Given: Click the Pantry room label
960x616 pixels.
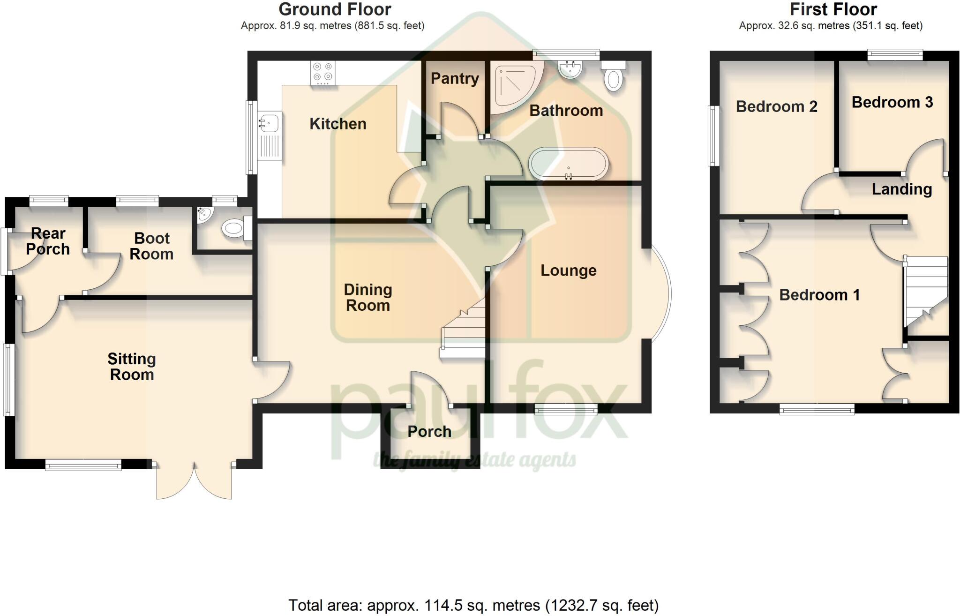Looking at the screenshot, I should [x=455, y=79].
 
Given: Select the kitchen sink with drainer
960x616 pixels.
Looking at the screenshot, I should [x=269, y=135].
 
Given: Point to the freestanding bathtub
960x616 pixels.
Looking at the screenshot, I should [x=569, y=164].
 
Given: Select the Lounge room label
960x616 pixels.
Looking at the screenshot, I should [x=568, y=270].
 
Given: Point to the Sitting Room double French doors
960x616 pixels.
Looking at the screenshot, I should [x=194, y=480].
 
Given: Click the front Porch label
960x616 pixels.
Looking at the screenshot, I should [x=429, y=432].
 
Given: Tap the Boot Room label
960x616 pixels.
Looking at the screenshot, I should [x=151, y=246].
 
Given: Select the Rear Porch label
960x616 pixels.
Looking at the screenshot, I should [x=48, y=241].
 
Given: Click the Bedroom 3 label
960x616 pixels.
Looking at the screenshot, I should [x=892, y=103].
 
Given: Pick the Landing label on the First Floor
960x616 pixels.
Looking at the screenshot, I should [x=901, y=189].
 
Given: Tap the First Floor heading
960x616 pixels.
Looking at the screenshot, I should [x=833, y=9].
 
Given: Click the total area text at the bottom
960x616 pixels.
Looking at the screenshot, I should [x=473, y=605].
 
